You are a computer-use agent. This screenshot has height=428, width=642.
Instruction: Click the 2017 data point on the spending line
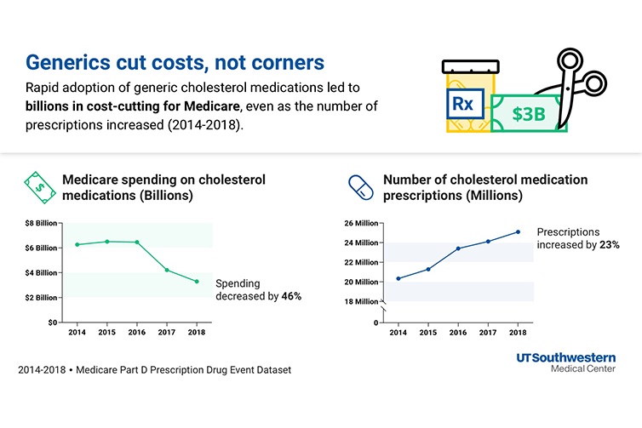coord(167,270)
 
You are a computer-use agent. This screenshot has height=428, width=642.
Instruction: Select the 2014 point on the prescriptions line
coord(398,278)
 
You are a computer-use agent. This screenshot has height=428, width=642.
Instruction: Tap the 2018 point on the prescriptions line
coord(518,231)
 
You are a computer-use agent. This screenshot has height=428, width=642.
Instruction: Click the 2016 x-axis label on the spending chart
coord(137,332)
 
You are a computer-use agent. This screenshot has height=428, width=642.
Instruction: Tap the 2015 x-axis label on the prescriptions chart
coord(428,333)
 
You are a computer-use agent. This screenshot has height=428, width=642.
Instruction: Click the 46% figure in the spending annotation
coord(291,296)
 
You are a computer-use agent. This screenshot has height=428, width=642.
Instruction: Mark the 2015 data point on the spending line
coord(107,242)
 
